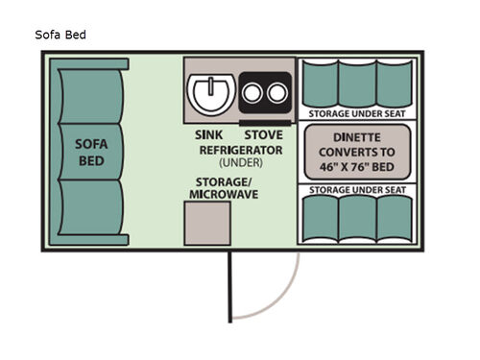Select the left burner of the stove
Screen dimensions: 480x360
coord(256,94)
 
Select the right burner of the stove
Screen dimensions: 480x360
coord(277,94)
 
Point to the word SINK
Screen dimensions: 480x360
coord(208,135)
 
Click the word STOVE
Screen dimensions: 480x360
coord(263,135)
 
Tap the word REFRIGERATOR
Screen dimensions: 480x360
coord(240,151)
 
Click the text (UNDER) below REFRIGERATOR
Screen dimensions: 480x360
coord(240,164)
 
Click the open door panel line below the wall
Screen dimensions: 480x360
coord(228,288)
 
